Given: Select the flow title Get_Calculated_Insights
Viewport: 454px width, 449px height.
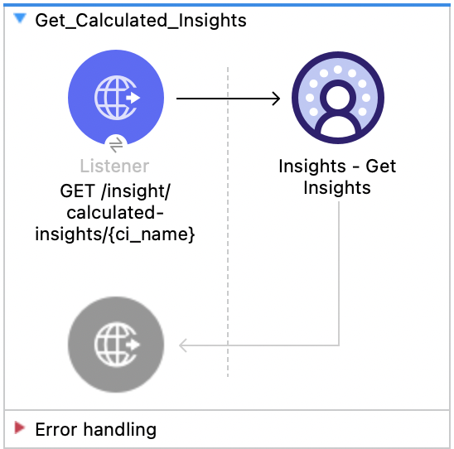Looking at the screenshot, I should coord(140,20).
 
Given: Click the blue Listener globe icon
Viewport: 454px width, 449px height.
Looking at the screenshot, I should coord(116,98).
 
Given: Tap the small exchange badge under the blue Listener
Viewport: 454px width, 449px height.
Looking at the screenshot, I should coord(116,143).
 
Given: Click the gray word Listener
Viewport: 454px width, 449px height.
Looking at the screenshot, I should coord(115,167).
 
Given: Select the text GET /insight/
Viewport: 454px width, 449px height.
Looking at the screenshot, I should coord(115,191).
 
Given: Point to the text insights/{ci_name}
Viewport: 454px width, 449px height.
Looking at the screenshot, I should coord(115,235).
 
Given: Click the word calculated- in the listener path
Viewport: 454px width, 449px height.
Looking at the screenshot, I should coord(115,213).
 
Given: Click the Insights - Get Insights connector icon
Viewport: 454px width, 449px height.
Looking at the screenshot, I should coord(337,98).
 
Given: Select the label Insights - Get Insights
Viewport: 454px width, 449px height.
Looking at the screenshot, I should coord(337,176).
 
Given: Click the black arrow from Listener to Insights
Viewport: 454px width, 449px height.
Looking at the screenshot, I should coord(224,99).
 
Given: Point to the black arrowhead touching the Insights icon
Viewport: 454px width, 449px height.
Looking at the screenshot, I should coord(276,99).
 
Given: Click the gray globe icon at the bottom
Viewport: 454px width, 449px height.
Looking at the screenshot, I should coord(116,343).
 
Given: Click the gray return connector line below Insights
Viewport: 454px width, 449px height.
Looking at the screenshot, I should coord(339,273).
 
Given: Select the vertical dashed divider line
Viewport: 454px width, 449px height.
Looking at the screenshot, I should coord(228,249).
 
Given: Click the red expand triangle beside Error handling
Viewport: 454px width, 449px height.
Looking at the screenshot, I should coord(20,427).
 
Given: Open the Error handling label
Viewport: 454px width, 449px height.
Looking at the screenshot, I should coord(95,429).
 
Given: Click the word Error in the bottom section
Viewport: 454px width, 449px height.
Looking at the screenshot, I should coord(53,429).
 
